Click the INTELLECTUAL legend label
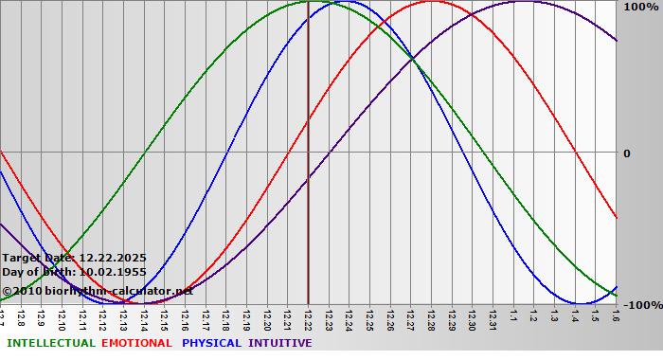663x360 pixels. click(50, 343)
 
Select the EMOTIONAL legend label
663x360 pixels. click(136, 343)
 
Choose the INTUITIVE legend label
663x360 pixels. click(279, 343)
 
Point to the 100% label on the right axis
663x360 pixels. click(639, 8)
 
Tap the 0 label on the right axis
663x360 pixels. click(626, 153)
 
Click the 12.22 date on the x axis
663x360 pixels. click(308, 318)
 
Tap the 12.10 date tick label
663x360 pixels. click(62, 318)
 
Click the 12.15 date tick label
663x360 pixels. click(164, 318)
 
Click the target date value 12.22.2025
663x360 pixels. click(112, 258)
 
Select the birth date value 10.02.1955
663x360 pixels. click(112, 272)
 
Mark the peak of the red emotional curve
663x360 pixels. click(431, 2)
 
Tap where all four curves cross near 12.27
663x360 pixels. click(412, 60)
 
